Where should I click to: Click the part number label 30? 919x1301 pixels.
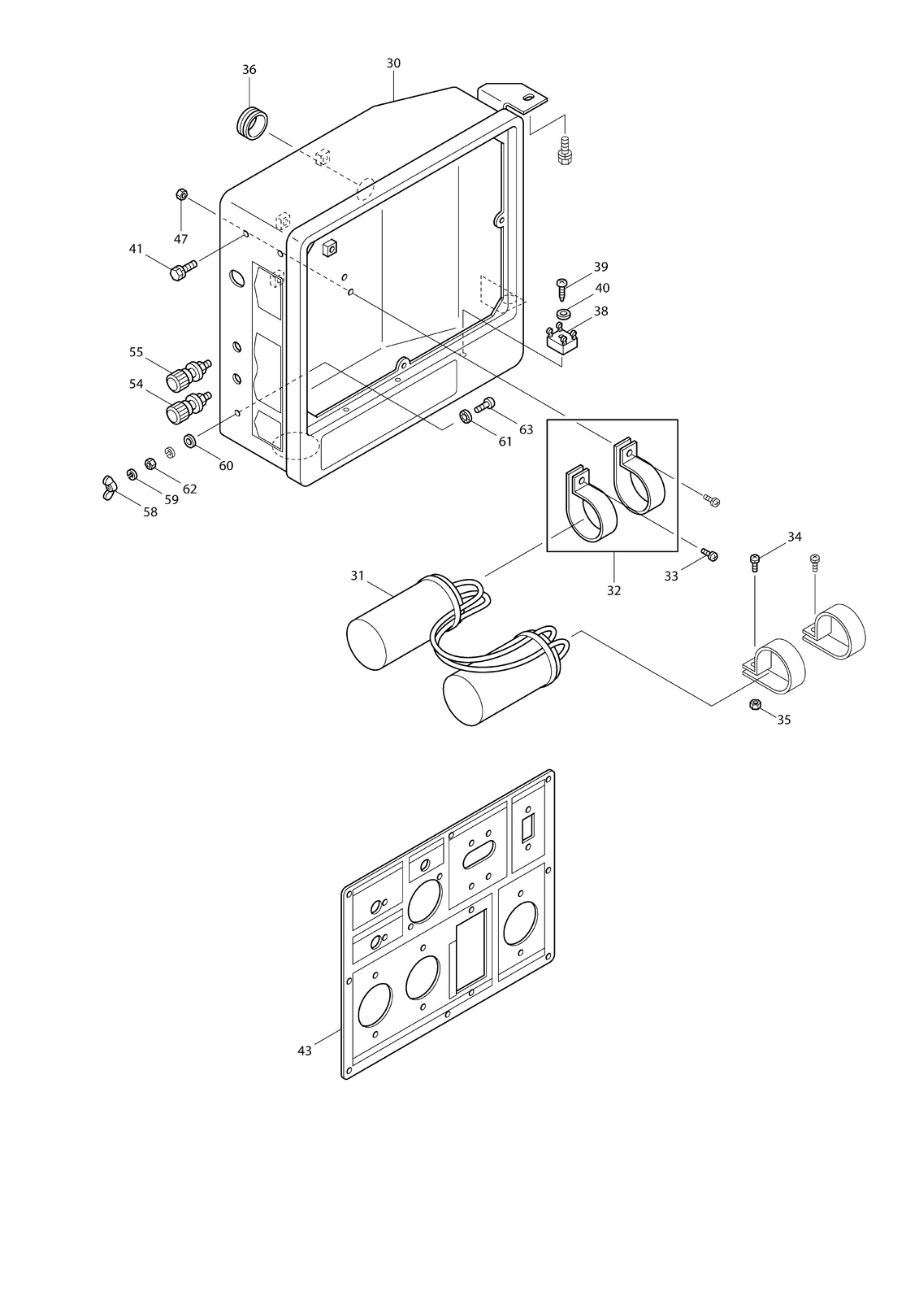(x=393, y=63)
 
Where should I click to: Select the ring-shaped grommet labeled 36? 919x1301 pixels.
(x=254, y=123)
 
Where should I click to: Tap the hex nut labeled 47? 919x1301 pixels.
(x=181, y=194)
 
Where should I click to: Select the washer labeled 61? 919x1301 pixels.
(x=465, y=417)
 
